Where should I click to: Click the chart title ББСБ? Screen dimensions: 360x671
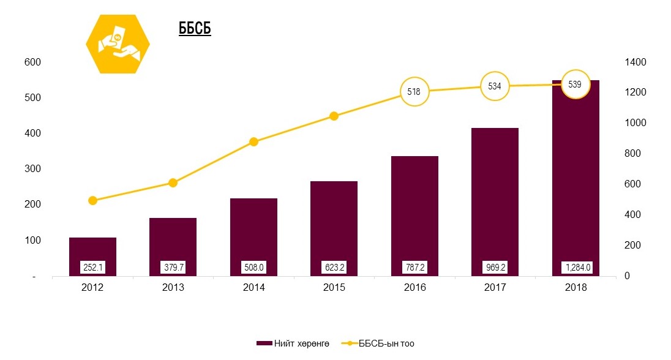[195, 29]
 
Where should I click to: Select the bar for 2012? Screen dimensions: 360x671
[92, 257]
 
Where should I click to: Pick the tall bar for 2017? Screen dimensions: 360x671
[495, 202]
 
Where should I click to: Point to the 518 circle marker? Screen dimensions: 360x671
[414, 92]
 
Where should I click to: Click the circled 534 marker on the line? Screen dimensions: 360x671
[495, 86]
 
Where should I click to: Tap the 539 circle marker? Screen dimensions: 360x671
[575, 84]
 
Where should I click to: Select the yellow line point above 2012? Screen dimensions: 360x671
[92, 200]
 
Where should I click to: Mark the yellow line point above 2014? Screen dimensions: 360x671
[253, 142]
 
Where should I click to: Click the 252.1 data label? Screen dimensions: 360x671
[92, 267]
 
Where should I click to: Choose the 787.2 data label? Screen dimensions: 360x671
[414, 267]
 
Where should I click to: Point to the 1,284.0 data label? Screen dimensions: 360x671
[575, 267]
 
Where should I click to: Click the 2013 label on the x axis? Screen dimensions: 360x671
[173, 288]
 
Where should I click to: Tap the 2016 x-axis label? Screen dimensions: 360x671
[414, 288]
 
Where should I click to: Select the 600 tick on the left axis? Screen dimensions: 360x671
[32, 62]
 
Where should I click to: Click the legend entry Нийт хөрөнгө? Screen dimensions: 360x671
[294, 343]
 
